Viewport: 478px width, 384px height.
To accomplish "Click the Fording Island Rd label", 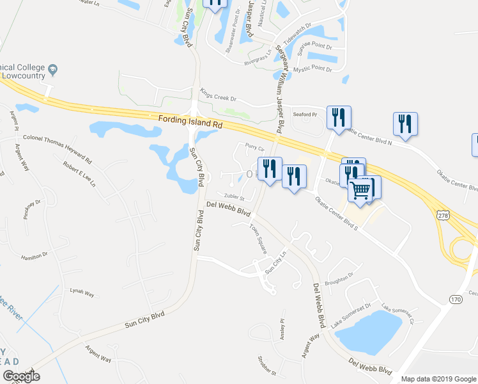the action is tap(189, 121).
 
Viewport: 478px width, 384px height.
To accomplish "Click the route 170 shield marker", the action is tap(455, 299).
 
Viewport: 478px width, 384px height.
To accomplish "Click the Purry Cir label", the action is tap(255, 148).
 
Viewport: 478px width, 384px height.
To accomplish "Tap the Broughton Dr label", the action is tap(339, 278).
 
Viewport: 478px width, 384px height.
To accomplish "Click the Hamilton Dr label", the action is tap(35, 255).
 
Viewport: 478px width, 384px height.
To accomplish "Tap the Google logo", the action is tap(21, 376).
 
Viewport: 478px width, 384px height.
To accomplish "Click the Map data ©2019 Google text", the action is tap(438, 379).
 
